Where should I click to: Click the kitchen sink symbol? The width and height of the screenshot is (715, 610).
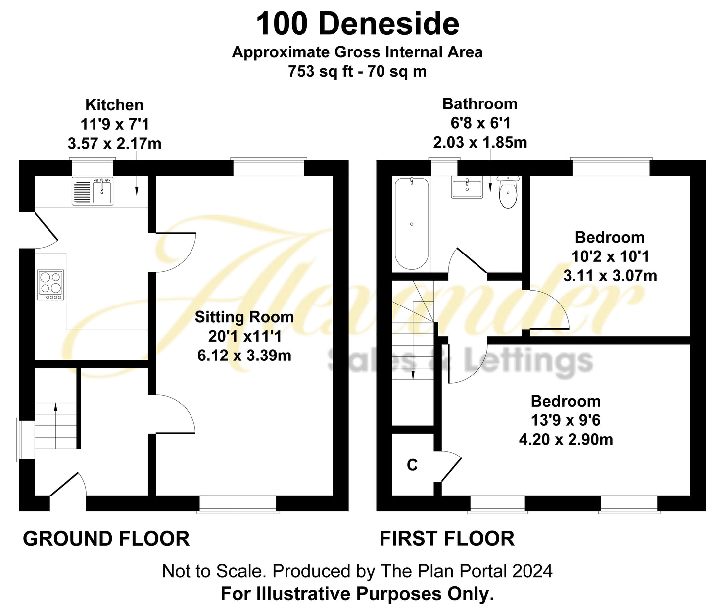click(93, 191)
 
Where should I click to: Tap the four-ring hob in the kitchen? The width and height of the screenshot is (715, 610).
click(50, 285)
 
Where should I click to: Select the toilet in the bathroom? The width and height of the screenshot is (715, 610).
click(508, 193)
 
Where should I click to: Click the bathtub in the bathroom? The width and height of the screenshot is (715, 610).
click(411, 224)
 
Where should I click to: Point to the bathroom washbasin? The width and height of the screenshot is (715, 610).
click(467, 188)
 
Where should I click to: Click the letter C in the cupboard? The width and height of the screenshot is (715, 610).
click(412, 465)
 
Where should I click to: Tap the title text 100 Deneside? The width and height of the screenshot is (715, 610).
click(357, 24)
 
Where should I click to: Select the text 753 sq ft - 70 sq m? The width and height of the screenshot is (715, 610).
click(357, 72)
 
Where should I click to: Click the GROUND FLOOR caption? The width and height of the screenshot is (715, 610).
click(106, 539)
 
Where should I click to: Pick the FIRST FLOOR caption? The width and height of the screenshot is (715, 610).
click(447, 539)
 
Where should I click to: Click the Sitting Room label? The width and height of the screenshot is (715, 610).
click(244, 317)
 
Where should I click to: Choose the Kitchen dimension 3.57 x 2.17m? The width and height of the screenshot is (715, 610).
click(114, 144)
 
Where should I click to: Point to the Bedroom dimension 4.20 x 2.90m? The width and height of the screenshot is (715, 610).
click(566, 439)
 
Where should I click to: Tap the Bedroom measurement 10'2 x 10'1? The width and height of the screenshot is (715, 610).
click(610, 256)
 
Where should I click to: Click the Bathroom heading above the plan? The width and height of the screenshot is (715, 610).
click(479, 104)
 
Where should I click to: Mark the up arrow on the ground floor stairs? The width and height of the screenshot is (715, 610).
click(55, 408)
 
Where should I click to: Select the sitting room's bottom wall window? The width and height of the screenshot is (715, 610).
click(238, 504)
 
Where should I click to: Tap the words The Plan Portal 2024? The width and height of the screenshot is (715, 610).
click(466, 571)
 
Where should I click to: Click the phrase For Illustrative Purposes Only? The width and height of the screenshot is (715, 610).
click(357, 593)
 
